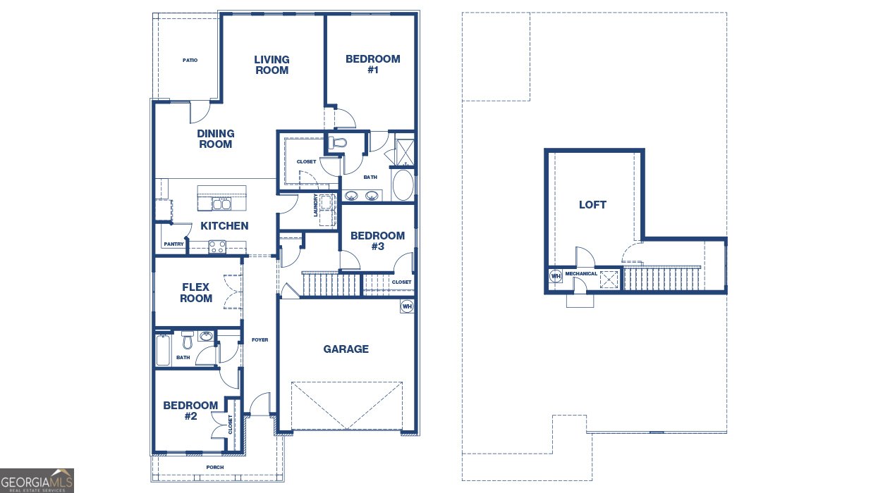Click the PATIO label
190,61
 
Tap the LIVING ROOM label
272,65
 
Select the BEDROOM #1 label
373,64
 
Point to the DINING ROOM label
216,139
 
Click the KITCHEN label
224,226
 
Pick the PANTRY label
173,244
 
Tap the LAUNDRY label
315,205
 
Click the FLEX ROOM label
196,292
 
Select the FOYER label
260,340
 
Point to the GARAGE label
346,349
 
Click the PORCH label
215,467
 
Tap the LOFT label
592,205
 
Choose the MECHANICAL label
581,274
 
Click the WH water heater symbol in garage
407,306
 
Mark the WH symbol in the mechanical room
556,276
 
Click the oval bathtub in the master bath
403,185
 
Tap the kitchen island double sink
221,204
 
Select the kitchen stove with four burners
217,247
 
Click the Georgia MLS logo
37,481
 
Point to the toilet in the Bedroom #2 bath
188,340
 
